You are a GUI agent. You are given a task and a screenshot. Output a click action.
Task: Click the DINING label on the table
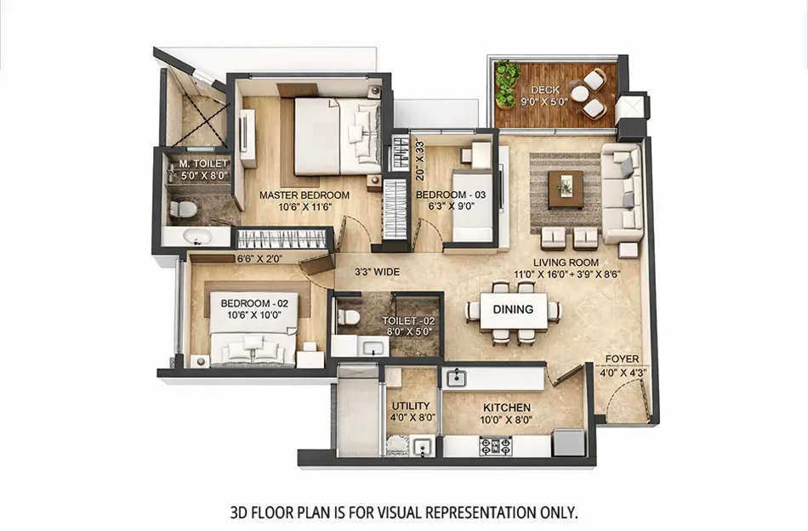[x=513, y=309]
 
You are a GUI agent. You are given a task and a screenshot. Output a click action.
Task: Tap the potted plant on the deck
[x=507, y=82]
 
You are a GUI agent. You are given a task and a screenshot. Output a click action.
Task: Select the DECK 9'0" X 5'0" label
[x=545, y=96]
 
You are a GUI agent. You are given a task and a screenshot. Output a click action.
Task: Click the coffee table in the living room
[x=566, y=189]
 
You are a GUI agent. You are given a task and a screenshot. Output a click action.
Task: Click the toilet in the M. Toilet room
[x=182, y=209]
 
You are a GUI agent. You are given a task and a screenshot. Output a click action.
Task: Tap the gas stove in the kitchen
[x=495, y=444]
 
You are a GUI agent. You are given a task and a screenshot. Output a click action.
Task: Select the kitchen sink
[x=456, y=376]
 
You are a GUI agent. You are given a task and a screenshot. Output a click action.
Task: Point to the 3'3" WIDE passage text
[x=376, y=272]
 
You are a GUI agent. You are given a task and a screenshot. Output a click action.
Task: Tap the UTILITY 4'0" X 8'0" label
[x=410, y=412]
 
